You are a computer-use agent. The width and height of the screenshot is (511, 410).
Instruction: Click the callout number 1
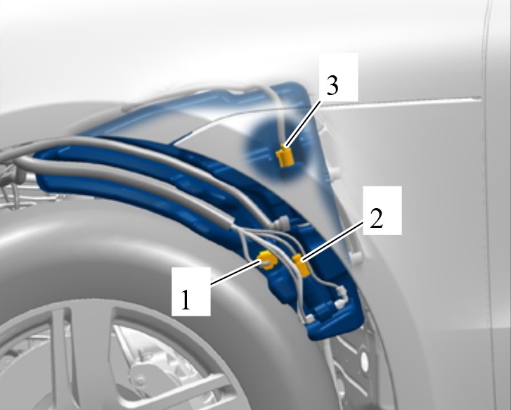(186, 300)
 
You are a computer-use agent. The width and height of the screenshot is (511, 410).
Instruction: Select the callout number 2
(377, 218)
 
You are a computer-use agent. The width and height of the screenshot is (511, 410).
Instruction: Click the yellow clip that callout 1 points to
(268, 260)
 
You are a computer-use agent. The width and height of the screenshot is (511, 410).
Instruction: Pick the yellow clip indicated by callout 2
(301, 265)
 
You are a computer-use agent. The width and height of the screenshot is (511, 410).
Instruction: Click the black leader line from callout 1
(235, 272)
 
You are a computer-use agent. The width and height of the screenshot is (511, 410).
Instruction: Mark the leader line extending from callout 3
(303, 124)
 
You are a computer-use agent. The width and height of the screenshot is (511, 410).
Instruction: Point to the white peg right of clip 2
(356, 257)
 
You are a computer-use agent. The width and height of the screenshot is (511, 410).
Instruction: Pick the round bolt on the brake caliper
(141, 379)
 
